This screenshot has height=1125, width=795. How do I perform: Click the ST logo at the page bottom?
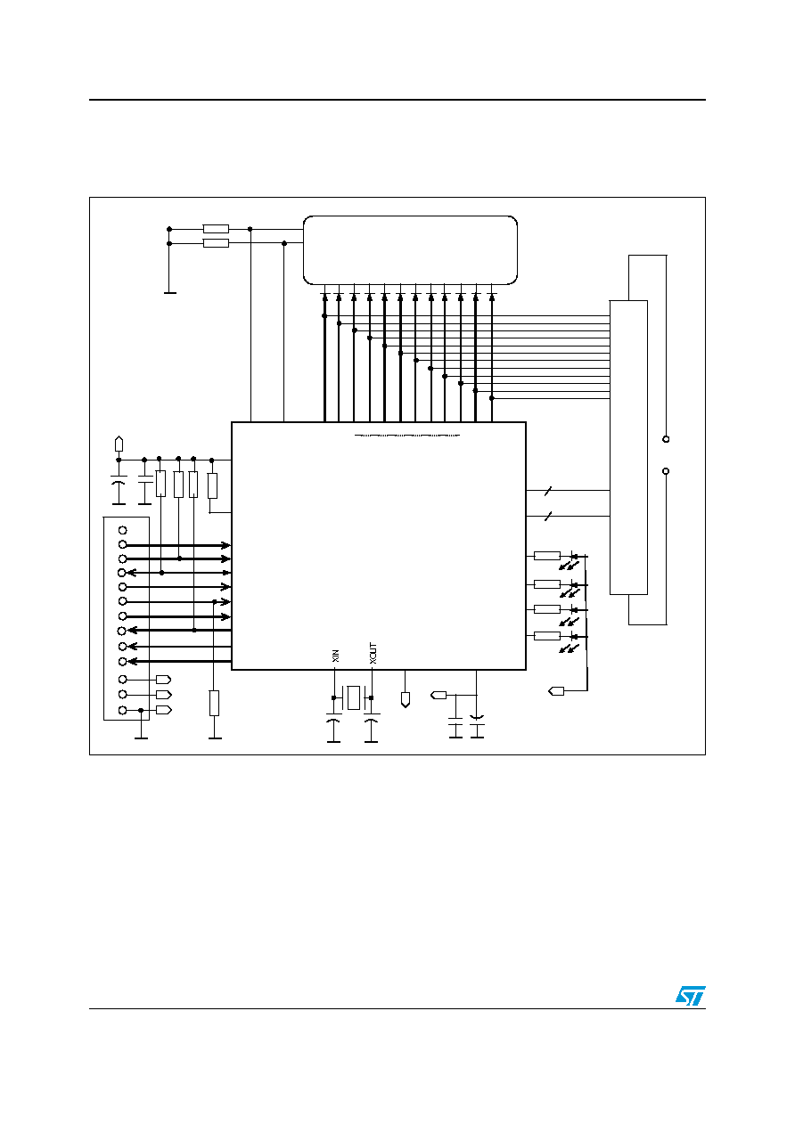pyautogui.click(x=690, y=996)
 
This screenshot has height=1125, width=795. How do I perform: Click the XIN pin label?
pyautogui.click(x=336, y=656)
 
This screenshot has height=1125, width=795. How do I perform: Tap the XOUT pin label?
pyautogui.click(x=373, y=653)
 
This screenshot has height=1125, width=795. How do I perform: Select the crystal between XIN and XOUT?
pyautogui.click(x=353, y=697)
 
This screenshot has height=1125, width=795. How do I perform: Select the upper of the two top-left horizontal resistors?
pyautogui.click(x=216, y=229)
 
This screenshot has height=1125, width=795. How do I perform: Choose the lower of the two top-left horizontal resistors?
pyautogui.click(x=216, y=243)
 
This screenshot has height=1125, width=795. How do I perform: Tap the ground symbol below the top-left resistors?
pyautogui.click(x=170, y=292)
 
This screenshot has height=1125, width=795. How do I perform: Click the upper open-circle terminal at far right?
pyautogui.click(x=666, y=439)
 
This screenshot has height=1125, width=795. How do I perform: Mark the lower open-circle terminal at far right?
pyautogui.click(x=666, y=471)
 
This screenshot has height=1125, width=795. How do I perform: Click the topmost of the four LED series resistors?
pyautogui.click(x=546, y=556)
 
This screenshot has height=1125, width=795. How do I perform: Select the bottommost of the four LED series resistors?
pyautogui.click(x=546, y=636)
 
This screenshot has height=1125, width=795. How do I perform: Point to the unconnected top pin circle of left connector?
pyautogui.click(x=123, y=530)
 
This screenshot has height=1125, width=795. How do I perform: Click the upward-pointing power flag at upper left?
pyautogui.click(x=119, y=444)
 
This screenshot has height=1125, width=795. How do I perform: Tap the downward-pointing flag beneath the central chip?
pyautogui.click(x=405, y=699)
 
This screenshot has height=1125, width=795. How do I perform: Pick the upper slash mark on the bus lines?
pyautogui.click(x=548, y=491)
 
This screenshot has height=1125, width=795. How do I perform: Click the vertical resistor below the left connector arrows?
pyautogui.click(x=214, y=703)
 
